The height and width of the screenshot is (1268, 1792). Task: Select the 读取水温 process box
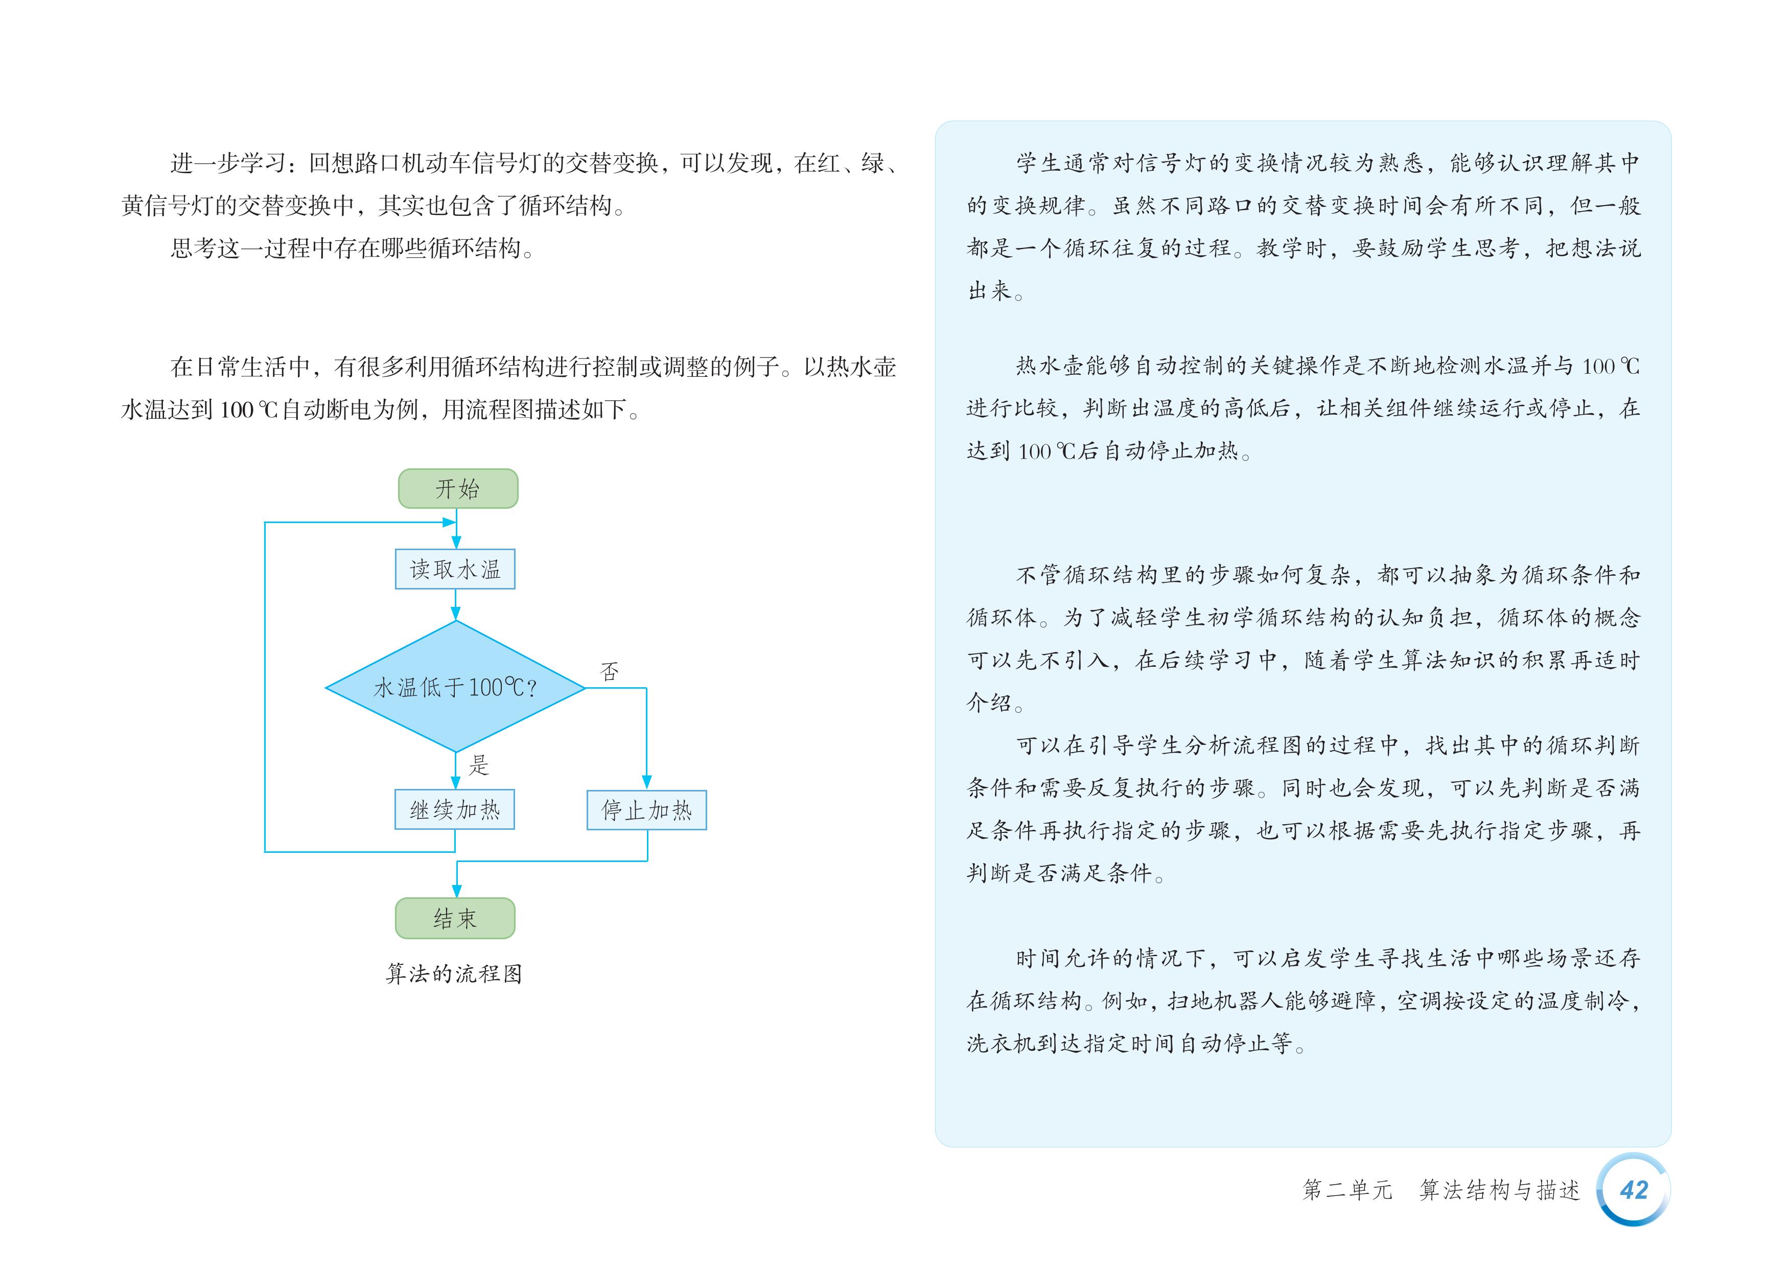pos(455,569)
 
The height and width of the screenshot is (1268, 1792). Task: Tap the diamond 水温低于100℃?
pos(455,687)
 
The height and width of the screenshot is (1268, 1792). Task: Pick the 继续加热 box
pos(454,810)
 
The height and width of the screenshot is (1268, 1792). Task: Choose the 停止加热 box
pos(646,810)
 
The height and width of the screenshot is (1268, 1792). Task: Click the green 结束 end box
pos(455,918)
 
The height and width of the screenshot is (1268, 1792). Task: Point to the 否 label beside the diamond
pos(610,671)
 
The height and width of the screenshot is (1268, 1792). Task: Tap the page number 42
pos(1634,1190)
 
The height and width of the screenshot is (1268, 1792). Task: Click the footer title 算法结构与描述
pos(1499,1190)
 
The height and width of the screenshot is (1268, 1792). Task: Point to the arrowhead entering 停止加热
pos(646,782)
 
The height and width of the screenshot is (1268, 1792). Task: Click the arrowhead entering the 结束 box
pos(457,892)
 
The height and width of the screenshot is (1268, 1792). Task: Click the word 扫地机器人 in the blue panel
pos(1225,1001)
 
